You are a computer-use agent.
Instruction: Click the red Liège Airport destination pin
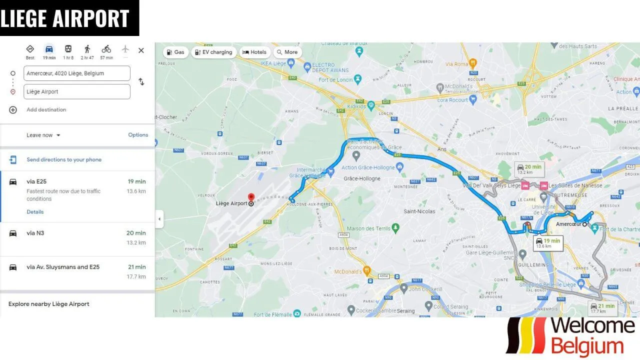251,197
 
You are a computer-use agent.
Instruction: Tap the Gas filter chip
175,52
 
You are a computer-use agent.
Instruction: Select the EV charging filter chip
213,52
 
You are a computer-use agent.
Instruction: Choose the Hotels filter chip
254,52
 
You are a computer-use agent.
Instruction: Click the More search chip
287,52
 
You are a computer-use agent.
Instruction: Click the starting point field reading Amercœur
76,73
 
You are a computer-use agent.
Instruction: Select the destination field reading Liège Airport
76,92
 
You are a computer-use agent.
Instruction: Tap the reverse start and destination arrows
141,82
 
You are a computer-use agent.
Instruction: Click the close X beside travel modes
141,50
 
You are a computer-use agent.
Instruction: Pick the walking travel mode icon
87,49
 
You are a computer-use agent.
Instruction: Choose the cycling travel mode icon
106,49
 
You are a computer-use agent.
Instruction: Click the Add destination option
46,110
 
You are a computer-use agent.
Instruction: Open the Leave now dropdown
43,135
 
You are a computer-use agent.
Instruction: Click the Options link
138,135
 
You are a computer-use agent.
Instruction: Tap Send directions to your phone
64,160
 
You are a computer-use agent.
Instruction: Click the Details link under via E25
35,212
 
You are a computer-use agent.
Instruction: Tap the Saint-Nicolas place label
419,211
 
